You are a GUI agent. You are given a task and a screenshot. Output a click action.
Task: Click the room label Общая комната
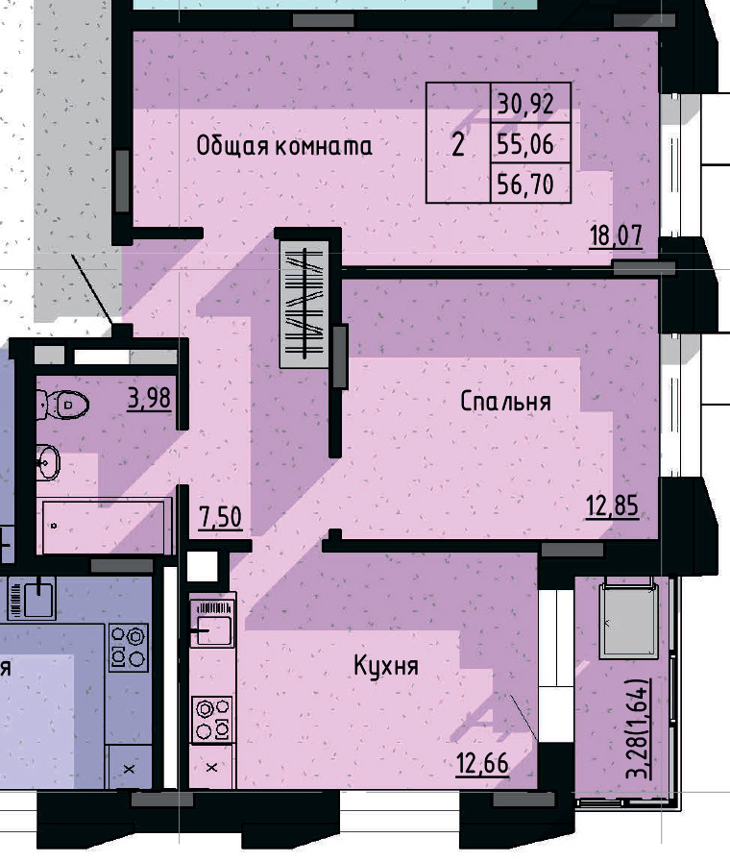click(x=283, y=147)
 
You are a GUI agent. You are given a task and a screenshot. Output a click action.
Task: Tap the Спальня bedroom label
click(x=505, y=401)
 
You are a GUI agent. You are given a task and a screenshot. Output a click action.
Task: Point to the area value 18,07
click(x=615, y=235)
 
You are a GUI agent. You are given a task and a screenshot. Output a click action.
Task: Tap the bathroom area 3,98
click(x=150, y=397)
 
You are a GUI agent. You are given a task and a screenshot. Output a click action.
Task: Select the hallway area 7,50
click(x=220, y=519)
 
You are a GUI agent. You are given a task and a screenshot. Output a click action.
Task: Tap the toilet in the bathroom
click(x=65, y=406)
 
